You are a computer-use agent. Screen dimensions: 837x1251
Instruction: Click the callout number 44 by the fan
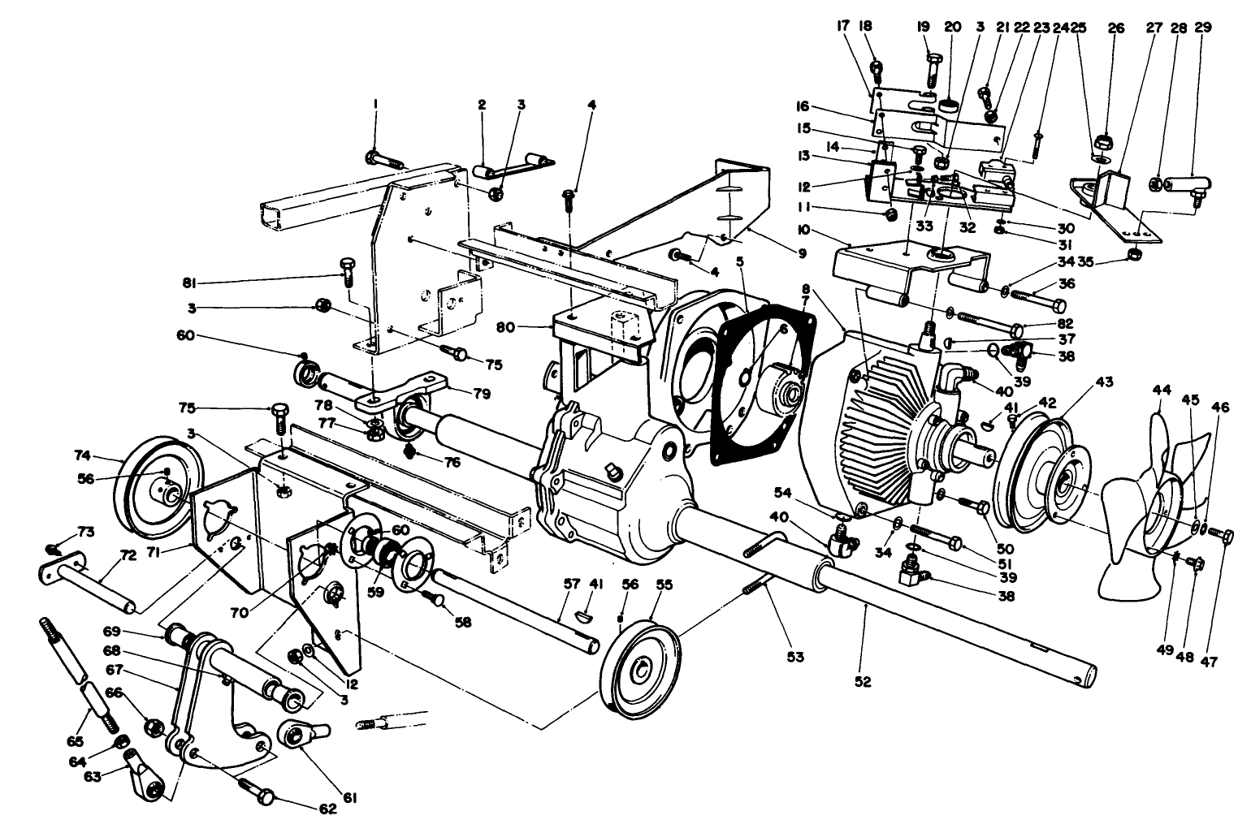click(1161, 390)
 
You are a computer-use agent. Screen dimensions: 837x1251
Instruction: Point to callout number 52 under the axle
click(863, 682)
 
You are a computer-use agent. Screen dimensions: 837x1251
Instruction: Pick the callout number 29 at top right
click(1203, 27)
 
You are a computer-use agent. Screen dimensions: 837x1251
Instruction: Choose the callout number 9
click(802, 253)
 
